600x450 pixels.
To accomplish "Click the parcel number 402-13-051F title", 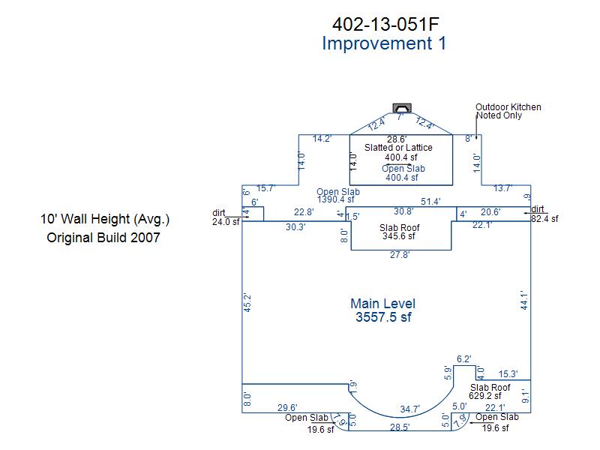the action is coord(385,25).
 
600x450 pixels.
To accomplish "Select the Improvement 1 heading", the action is coord(384,43).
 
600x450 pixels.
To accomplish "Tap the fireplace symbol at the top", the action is coord(402,107).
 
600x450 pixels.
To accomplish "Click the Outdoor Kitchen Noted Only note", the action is coord(508,111).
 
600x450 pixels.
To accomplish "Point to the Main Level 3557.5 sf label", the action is coord(383,310).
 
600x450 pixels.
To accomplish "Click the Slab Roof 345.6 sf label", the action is coord(399,232).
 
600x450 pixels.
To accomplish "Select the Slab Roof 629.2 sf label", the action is coord(490,391).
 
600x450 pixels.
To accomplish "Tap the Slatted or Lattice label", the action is coord(398,148).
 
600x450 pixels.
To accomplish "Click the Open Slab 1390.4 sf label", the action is coord(338,196).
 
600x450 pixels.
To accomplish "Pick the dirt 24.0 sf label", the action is coord(226,217).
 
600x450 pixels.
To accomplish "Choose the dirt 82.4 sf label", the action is coord(544,214).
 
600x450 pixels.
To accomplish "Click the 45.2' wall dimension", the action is coord(247,303).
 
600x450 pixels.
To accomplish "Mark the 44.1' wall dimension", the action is coord(524,300).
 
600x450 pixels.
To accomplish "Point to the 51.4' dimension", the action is coord(430,202).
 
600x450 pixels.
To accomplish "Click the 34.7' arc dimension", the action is coord(409,409).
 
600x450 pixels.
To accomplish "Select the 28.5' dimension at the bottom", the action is coord(400,427).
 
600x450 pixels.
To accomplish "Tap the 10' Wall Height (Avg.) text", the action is coord(105,219).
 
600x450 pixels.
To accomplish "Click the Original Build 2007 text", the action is coord(103,238).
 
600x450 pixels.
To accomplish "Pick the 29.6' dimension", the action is coord(287,408).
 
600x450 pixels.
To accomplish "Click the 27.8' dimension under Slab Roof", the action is coord(400,255).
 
